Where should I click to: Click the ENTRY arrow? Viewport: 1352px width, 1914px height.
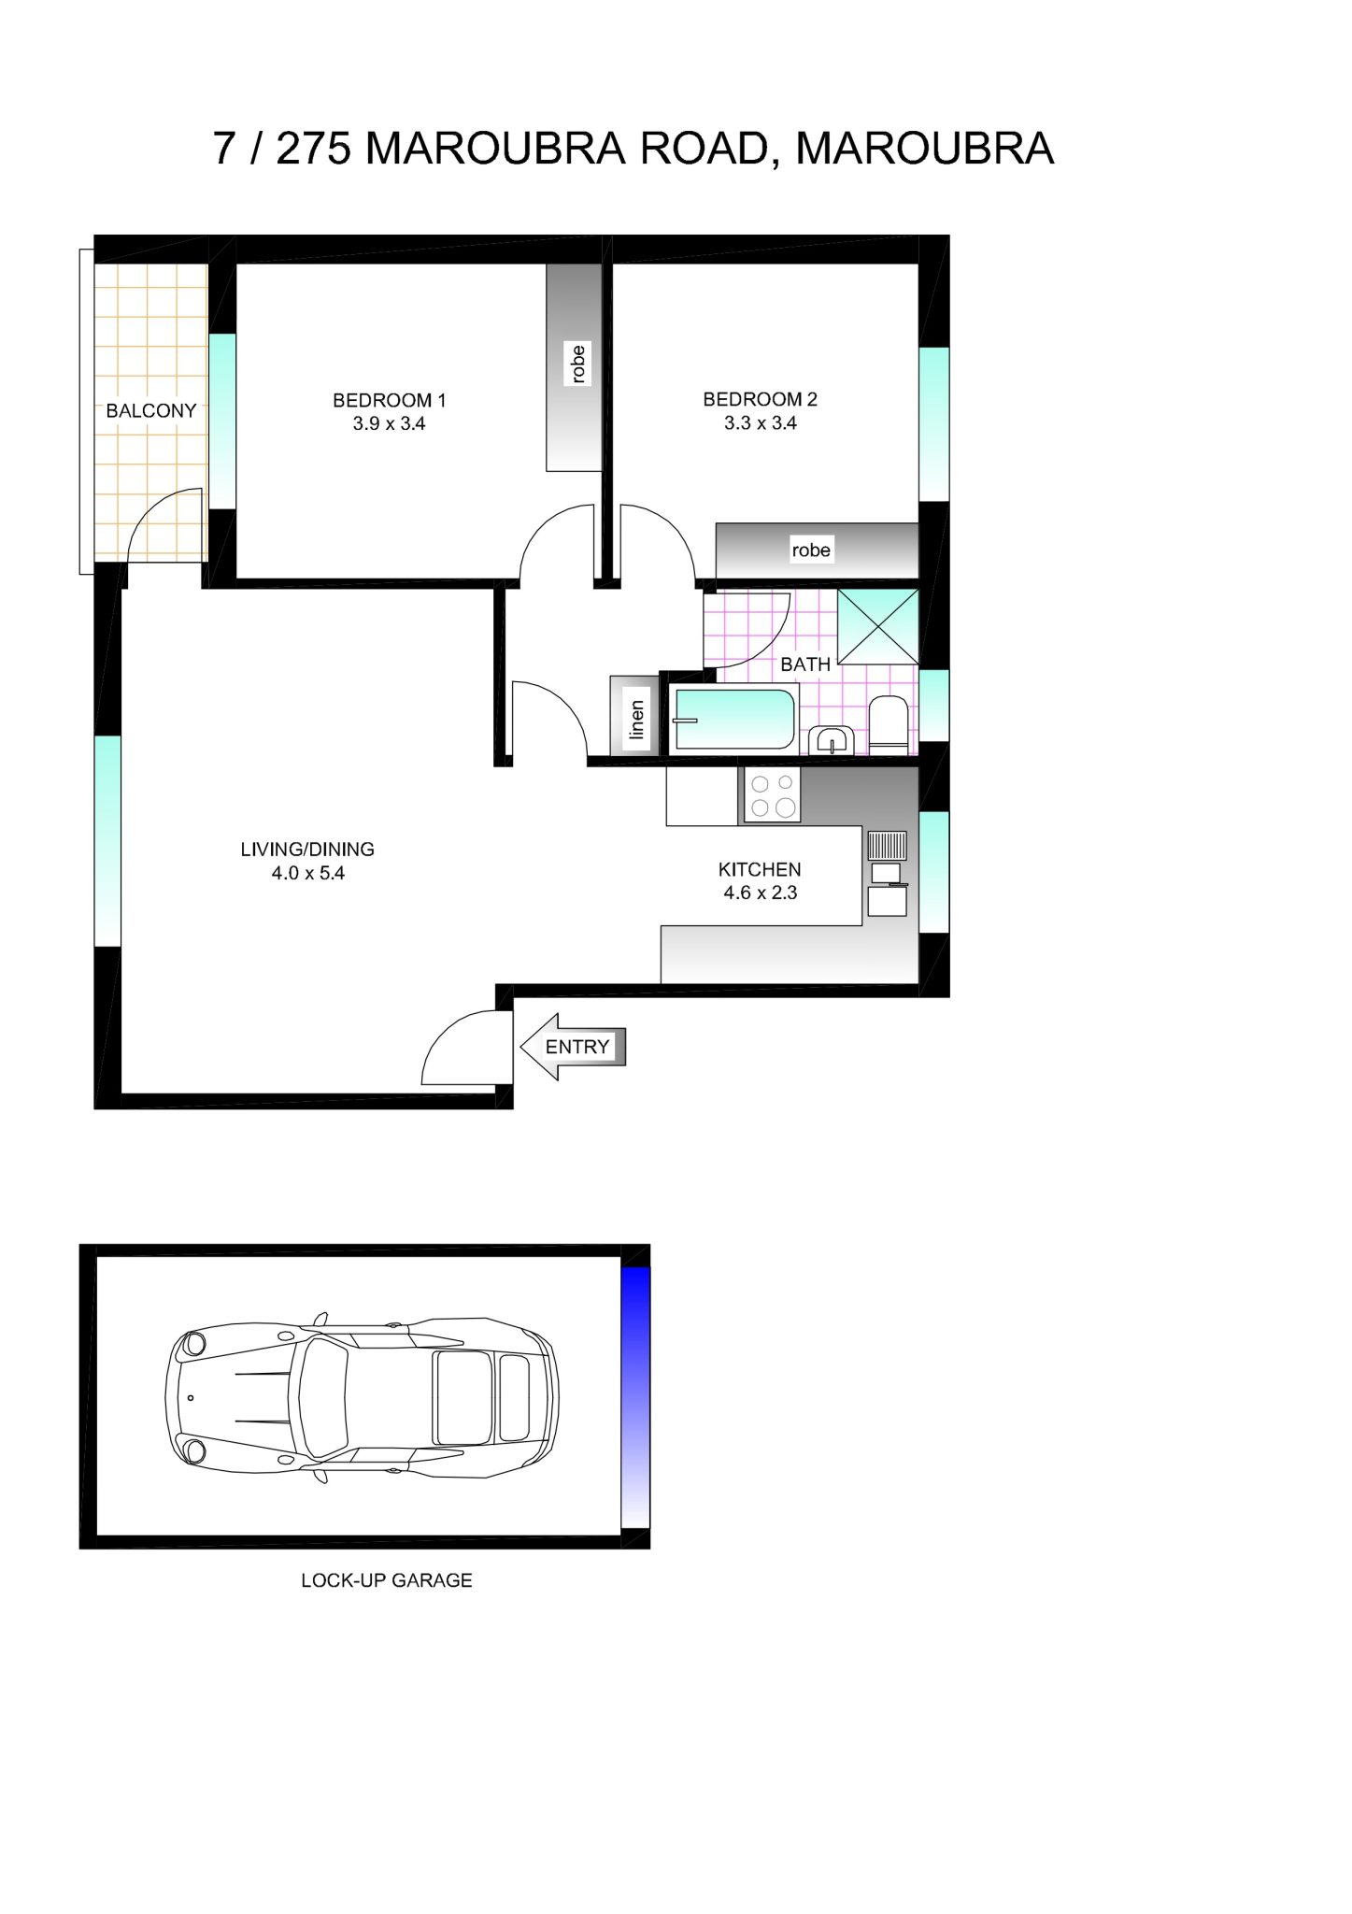[572, 1047]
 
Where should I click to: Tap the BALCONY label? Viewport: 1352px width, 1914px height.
[150, 410]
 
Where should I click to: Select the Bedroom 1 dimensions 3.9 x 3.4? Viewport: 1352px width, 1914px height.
[389, 423]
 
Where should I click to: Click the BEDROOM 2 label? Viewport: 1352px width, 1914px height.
[760, 399]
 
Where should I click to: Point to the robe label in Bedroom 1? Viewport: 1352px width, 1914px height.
[578, 364]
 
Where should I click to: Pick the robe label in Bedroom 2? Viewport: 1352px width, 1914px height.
[810, 550]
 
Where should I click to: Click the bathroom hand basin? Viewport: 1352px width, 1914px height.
[829, 740]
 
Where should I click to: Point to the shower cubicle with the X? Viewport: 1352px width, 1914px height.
[877, 626]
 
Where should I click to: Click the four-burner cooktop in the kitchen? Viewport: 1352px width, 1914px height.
[772, 795]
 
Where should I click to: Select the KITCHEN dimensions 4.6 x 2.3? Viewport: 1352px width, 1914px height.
[760, 893]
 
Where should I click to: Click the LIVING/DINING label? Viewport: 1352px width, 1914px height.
[307, 850]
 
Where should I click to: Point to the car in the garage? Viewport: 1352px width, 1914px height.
[362, 1397]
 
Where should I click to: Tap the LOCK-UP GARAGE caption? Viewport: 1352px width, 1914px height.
[386, 1580]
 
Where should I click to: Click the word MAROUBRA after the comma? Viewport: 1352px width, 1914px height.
[924, 149]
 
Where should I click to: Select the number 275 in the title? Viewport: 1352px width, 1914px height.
[313, 149]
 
